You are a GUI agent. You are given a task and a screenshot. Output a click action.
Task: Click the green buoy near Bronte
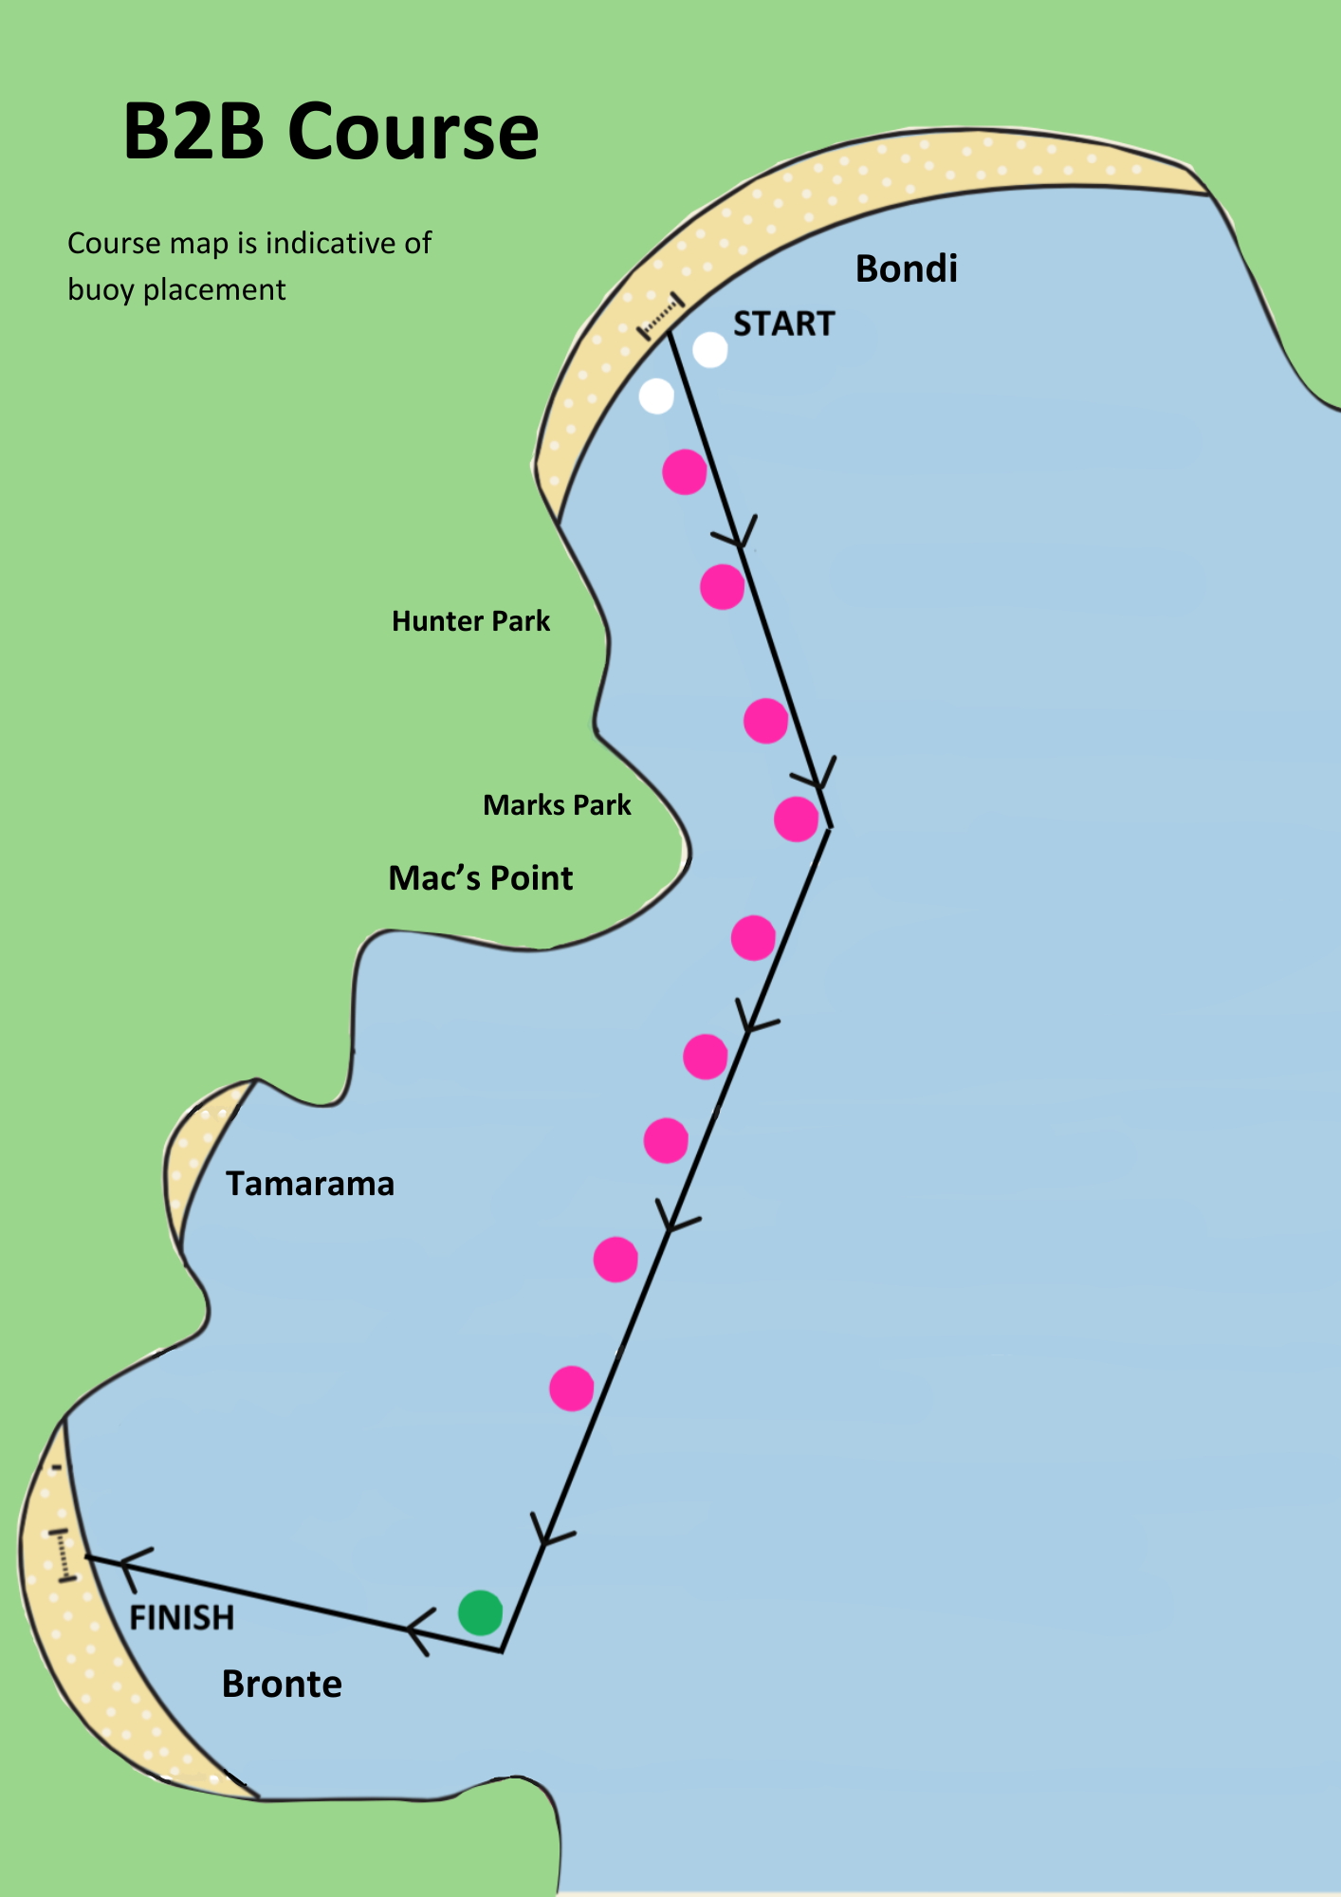480,1612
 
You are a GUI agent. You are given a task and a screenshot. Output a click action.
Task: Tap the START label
783,324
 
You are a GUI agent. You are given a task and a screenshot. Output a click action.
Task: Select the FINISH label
181,1617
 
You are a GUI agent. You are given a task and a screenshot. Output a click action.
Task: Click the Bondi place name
907,268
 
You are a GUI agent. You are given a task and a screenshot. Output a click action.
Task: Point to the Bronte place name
282,1684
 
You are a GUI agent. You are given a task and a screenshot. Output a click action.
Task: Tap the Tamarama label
310,1184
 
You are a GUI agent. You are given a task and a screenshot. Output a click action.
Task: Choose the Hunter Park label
470,621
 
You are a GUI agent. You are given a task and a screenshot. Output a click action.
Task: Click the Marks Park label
557,805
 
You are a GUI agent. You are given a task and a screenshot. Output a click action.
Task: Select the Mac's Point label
481,878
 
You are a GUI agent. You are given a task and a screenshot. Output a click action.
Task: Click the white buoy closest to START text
710,350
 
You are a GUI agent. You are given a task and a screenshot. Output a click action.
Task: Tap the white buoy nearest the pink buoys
656,396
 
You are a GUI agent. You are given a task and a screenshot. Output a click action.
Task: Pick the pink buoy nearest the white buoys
685,472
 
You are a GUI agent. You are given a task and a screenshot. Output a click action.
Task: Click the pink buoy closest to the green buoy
572,1389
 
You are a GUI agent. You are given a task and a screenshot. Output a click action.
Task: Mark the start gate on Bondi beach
661,317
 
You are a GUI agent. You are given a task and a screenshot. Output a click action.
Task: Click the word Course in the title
413,131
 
